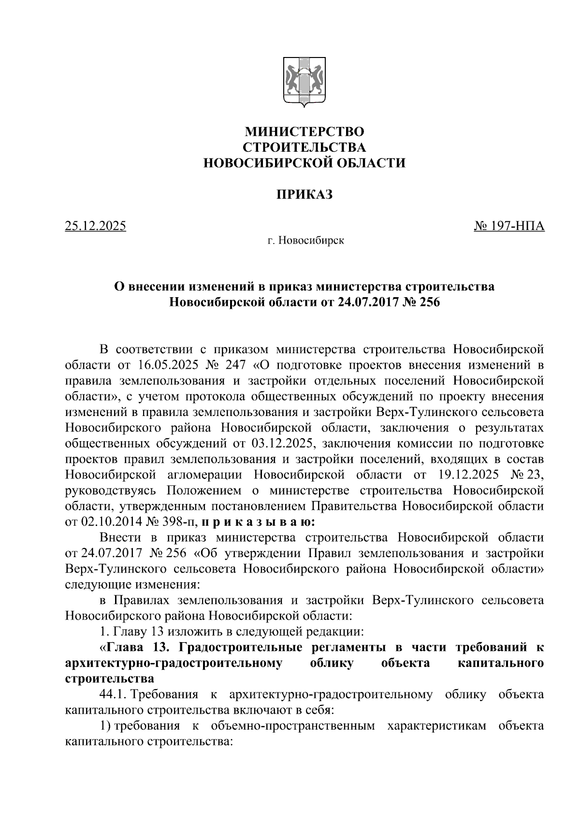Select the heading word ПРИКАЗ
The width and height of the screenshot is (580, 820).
coord(304,194)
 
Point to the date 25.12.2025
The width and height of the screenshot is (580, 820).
coord(96,226)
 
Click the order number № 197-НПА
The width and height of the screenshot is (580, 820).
coord(509,226)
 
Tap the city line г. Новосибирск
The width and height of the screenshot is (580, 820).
coord(306,240)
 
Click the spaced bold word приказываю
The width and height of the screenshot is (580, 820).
coord(258,522)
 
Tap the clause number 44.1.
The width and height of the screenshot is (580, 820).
coord(113,695)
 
